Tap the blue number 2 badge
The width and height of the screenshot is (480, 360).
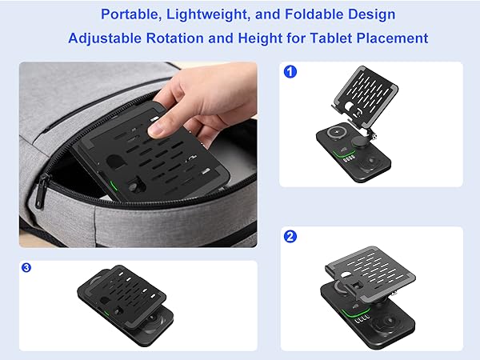coord(290,238)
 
